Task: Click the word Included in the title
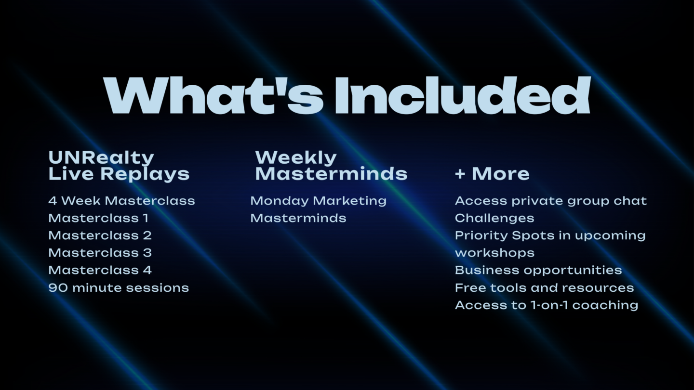(462, 95)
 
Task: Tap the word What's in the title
(214, 95)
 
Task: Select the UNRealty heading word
(101, 158)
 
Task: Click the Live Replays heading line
(119, 174)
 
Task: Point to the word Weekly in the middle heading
(295, 158)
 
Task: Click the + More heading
(493, 174)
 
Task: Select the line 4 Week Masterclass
(122, 201)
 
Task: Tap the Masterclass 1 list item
(98, 218)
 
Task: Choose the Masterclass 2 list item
(100, 235)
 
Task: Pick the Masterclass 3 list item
(100, 253)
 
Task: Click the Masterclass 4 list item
(100, 270)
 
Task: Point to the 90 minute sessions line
(119, 287)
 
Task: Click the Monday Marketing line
(319, 201)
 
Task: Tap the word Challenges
(494, 218)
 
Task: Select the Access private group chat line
(551, 201)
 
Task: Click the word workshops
(495, 253)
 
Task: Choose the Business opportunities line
(538, 270)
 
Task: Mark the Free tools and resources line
(545, 287)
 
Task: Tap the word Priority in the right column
(481, 235)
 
